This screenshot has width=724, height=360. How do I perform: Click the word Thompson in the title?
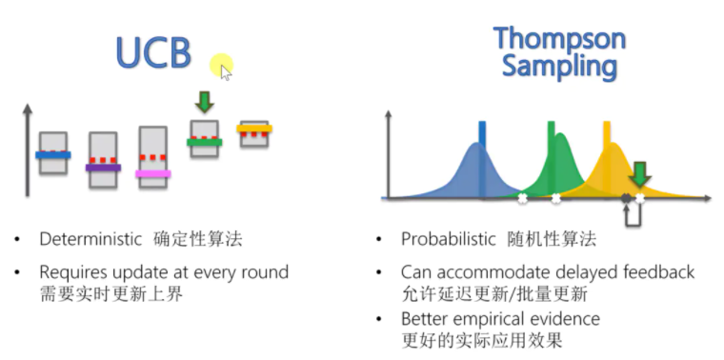(559, 39)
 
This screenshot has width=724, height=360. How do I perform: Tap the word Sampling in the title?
(559, 67)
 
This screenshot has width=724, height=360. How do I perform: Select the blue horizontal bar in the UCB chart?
(53, 154)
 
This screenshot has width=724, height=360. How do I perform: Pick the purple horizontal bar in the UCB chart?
(103, 168)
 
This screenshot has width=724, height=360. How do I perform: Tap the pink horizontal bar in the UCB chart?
(152, 174)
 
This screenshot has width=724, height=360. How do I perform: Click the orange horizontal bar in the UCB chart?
(254, 128)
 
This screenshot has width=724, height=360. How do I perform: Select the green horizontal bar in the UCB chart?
(204, 143)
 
